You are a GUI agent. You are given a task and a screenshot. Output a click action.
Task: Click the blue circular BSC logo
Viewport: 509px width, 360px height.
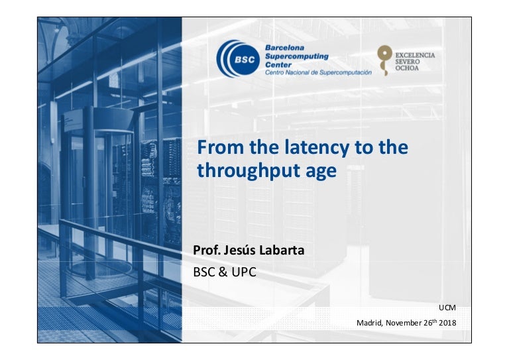[x=239, y=59]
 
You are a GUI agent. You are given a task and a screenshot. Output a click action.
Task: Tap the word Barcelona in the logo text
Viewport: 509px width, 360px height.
[x=285, y=48]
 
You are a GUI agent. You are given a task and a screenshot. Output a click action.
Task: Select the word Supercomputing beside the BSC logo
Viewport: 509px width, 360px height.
[x=297, y=56]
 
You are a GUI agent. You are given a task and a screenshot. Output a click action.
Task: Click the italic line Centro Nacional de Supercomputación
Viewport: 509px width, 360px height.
[x=318, y=72]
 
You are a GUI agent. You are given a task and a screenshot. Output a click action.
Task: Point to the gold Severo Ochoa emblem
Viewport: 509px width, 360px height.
[x=384, y=60]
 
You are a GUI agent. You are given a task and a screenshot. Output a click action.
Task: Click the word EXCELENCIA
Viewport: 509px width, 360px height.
[x=415, y=55]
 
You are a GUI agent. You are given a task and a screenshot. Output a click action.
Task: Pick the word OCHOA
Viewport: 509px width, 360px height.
[x=407, y=68]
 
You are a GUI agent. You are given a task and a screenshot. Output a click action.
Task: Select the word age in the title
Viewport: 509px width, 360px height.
[x=321, y=172]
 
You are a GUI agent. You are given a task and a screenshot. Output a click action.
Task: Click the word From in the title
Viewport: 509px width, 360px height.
[x=220, y=147]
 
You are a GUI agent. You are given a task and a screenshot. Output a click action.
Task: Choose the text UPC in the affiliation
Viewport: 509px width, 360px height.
[x=244, y=272]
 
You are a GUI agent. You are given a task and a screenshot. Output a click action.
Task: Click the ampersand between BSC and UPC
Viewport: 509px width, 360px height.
[x=223, y=272]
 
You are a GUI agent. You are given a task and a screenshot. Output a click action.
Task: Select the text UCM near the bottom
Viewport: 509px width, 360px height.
[x=447, y=308]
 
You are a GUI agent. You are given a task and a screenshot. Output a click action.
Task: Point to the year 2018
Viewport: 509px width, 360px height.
[x=447, y=323]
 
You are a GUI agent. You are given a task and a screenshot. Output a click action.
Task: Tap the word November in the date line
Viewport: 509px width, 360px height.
[x=404, y=323]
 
